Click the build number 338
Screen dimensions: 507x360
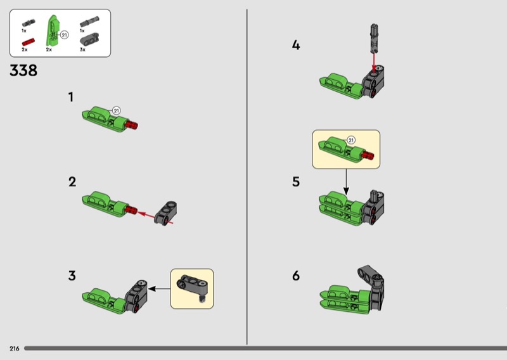23,70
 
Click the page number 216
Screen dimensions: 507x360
14,349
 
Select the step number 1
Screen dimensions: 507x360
71,97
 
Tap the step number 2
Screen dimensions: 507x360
72,182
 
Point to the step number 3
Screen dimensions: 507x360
72,276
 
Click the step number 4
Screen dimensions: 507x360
296,45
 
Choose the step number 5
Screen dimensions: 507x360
296,182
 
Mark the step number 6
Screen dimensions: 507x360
296,276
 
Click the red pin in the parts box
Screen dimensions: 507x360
28,42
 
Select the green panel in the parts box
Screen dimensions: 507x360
53,30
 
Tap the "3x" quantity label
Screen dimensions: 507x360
82,49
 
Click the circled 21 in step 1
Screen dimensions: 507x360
116,111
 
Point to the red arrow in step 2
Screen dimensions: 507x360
155,217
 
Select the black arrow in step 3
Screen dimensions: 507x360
159,288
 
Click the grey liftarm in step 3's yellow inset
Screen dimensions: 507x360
193,286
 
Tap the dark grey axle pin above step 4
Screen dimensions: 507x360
373,38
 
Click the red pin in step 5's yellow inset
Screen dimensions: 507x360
368,155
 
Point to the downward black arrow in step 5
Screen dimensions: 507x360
346,182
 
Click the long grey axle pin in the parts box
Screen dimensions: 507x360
89,21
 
